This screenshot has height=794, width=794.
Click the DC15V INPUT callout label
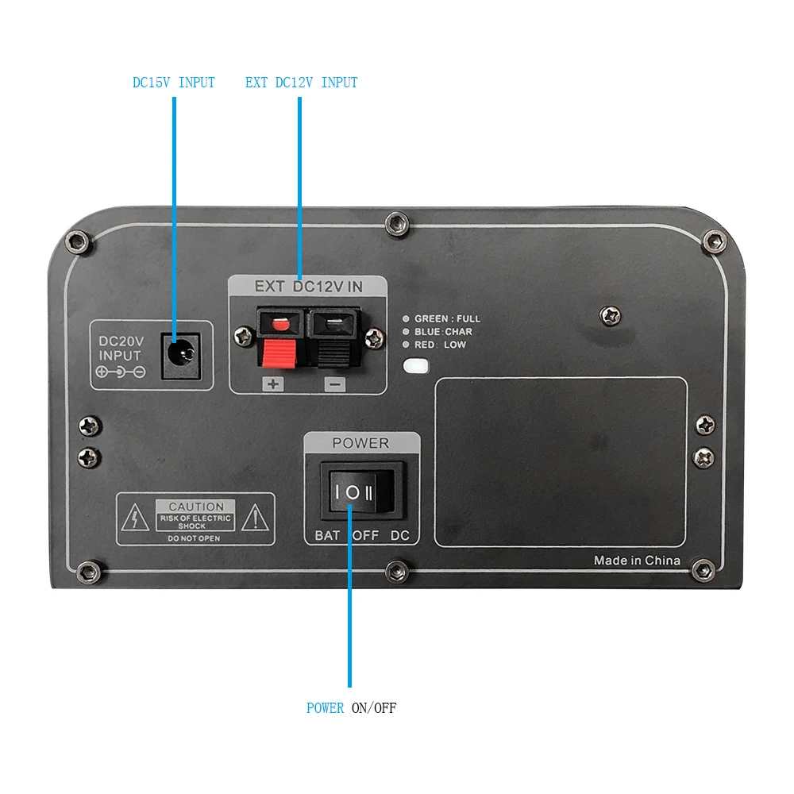[173, 83]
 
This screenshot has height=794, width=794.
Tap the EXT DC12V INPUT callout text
[301, 83]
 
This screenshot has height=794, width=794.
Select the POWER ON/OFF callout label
[351, 707]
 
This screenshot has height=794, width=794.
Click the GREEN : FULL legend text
[447, 318]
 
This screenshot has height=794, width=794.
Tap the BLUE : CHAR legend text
[443, 332]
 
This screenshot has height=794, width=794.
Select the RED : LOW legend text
[440, 345]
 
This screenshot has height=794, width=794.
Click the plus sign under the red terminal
[273, 384]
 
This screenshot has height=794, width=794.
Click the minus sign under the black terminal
[334, 384]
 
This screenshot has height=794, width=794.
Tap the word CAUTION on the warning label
[196, 507]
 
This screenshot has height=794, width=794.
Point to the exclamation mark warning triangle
[254, 519]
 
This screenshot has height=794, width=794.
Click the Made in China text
[637, 561]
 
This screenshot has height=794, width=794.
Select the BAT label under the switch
[327, 536]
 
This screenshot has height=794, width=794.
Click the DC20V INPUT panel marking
[120, 349]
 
